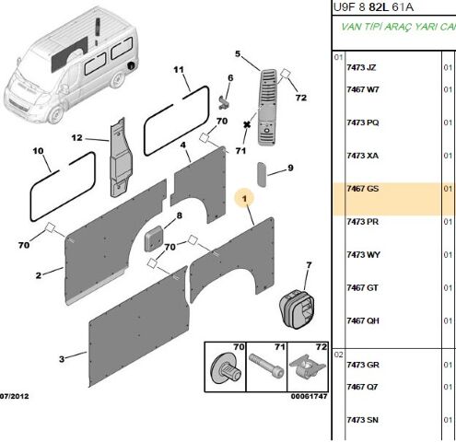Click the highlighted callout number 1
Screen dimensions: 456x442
[x=244, y=199]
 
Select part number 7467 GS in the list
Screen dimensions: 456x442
[x=363, y=189]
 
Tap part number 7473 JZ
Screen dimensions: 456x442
[x=361, y=67]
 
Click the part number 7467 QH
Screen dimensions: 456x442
[x=363, y=320]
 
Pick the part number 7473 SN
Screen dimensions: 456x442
[x=362, y=420]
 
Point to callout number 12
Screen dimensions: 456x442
[x=76, y=138]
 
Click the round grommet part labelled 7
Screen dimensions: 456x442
[x=297, y=308]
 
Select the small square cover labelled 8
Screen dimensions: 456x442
[x=154, y=238]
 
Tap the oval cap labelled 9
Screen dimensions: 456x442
[x=262, y=174]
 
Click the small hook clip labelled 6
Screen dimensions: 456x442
[x=224, y=103]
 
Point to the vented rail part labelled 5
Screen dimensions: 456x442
[x=269, y=107]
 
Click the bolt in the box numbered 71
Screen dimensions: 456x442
[x=266, y=366]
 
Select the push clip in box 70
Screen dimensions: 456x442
[x=225, y=368]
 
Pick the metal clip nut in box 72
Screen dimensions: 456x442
[x=307, y=366]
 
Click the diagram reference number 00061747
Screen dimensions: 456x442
[x=309, y=396]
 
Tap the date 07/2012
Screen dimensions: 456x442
[x=14, y=396]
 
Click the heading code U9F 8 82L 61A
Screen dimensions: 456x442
[x=373, y=7]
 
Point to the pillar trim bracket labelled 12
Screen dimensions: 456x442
[x=121, y=157]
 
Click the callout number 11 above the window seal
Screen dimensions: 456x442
[x=179, y=70]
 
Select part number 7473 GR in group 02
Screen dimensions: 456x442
[x=363, y=365]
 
